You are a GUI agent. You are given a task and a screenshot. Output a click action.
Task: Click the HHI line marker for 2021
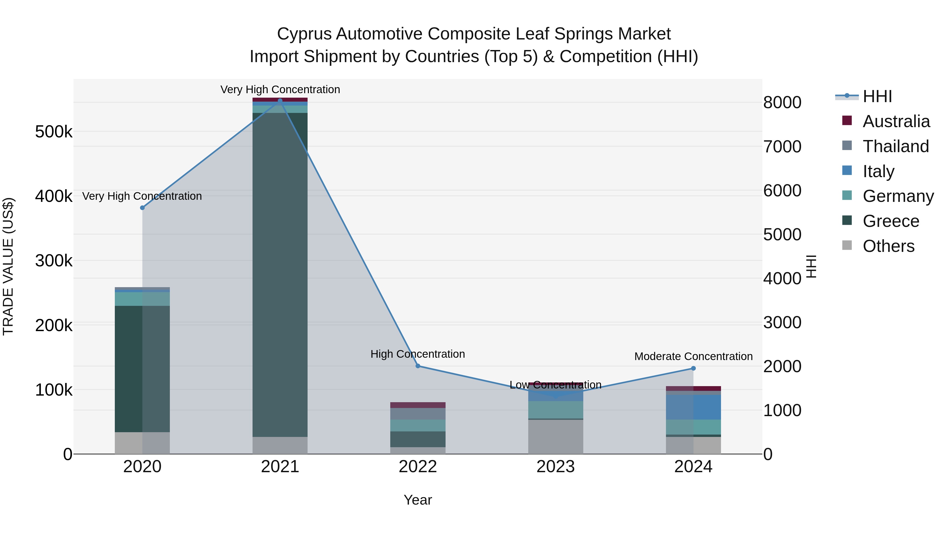point(280,101)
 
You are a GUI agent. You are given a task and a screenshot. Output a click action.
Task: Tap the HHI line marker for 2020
point(142,208)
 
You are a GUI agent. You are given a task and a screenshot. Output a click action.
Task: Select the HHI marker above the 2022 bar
point(418,366)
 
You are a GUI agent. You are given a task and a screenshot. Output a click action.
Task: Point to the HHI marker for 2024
point(693,368)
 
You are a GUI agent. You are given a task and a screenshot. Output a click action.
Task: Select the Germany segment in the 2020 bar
point(142,299)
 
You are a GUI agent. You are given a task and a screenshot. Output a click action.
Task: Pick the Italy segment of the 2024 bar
point(693,407)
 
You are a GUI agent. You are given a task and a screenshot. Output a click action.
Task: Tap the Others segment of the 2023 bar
point(556,437)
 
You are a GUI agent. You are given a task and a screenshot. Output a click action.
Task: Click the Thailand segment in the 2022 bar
point(418,414)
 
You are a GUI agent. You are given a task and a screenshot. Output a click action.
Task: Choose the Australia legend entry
point(896,121)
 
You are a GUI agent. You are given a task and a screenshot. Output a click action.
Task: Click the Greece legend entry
point(891,221)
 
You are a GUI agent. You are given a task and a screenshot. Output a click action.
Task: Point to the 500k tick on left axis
point(54,132)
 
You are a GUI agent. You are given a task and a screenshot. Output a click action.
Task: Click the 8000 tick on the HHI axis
point(782,103)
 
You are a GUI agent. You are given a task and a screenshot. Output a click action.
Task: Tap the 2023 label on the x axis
point(556,467)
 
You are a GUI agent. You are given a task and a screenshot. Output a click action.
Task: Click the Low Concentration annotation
point(556,385)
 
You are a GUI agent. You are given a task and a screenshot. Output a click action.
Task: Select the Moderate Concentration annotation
point(693,356)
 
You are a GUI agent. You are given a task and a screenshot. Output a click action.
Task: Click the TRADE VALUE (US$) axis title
point(8,266)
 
